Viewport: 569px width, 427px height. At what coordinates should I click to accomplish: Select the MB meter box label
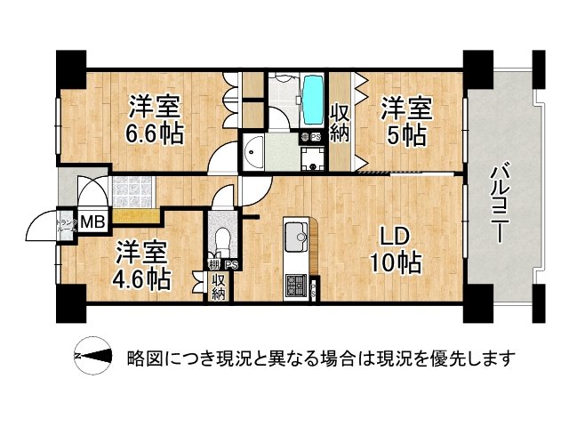tap(92, 222)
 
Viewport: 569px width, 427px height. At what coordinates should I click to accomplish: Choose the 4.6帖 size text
tap(141, 277)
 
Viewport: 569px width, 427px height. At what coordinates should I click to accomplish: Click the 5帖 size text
tap(407, 136)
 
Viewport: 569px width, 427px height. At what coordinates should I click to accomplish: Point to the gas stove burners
tap(294, 286)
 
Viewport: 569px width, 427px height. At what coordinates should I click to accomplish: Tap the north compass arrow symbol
tap(92, 358)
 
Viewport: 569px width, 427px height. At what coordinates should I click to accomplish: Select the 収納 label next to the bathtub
tap(340, 122)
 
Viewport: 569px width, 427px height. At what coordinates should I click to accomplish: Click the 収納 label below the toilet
tap(218, 286)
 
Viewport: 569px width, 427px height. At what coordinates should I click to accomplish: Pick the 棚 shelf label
tap(214, 264)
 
